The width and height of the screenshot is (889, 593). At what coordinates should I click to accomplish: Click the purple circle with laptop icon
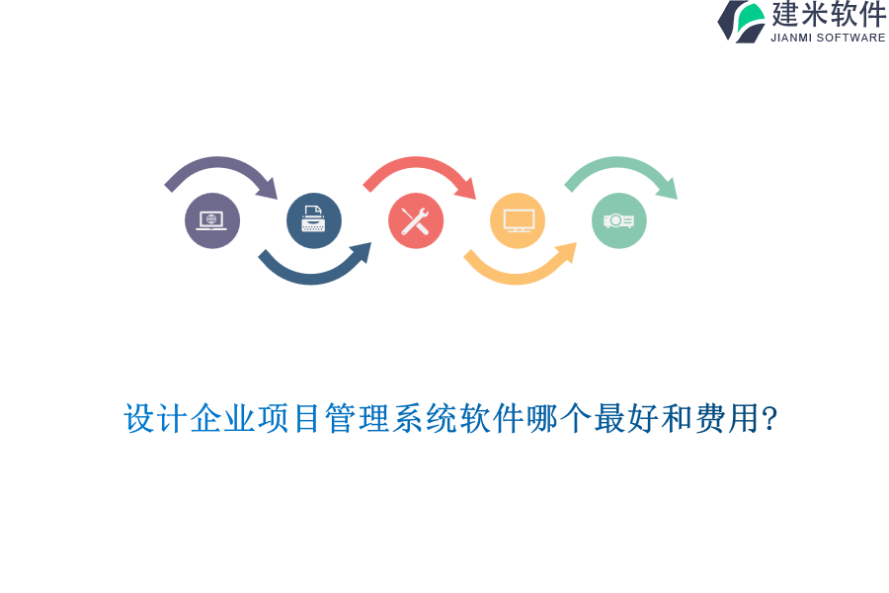212,220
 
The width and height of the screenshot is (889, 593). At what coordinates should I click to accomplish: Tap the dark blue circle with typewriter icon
314,220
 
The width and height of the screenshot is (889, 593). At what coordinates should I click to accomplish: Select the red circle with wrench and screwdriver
416,220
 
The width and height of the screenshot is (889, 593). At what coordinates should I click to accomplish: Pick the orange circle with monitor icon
518,220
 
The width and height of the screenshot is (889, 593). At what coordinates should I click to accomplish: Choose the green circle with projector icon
619,220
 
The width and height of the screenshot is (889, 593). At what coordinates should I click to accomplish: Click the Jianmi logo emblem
742,21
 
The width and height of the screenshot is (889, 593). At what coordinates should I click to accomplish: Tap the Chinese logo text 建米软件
829,15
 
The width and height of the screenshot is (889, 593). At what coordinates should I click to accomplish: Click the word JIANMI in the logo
792,38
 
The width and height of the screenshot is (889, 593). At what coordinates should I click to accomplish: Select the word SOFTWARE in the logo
850,38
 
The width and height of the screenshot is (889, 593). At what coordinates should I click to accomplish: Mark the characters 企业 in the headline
223,419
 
